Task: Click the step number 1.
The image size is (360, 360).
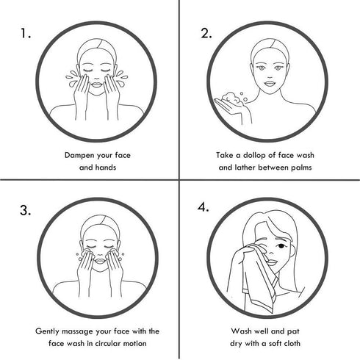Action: click(25, 33)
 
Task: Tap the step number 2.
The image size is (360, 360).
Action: click(206, 33)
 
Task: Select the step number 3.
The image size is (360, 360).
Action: click(26, 210)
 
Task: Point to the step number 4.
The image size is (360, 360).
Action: click(204, 207)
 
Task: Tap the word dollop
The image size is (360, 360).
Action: click(254, 155)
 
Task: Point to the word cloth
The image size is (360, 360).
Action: click(292, 343)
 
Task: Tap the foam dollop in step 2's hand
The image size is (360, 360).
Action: click(231, 98)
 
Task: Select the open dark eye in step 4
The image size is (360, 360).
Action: click(281, 246)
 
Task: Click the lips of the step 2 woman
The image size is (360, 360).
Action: click(270, 83)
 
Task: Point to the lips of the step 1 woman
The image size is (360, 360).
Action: click(97, 84)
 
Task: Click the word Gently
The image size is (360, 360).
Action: click(47, 331)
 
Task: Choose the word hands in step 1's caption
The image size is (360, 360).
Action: click(106, 168)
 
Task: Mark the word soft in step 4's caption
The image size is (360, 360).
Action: click(275, 343)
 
